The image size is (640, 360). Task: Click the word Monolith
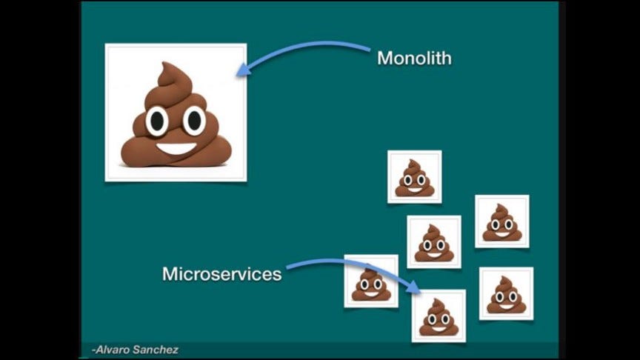point(414,58)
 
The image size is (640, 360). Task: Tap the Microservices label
point(222,274)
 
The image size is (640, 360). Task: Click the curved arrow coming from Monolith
point(311,47)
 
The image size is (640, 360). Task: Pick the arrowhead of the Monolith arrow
point(241,71)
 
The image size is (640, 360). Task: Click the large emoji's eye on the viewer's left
point(157,120)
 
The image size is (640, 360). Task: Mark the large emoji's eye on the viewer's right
point(194,119)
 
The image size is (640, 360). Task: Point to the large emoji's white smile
point(176,147)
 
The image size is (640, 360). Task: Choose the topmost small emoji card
point(414,176)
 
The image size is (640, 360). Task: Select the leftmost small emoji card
point(370,281)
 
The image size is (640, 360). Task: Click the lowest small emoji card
point(439,316)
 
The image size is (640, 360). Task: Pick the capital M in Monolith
point(384,58)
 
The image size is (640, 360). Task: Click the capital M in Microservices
point(170,274)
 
